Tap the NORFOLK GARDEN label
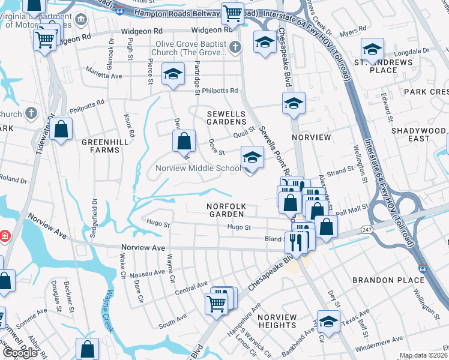point(226,210)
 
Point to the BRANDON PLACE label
point(388,280)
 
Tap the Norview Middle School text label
point(198,168)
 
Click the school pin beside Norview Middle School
point(253,158)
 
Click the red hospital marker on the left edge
point(5,236)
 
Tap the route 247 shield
point(366,230)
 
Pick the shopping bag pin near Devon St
point(184,142)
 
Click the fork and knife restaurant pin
point(296,241)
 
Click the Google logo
point(20,353)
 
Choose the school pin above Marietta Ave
point(173,74)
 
